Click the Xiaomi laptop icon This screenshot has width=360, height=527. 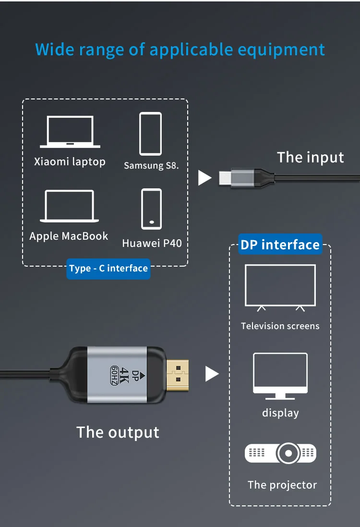coord(70,132)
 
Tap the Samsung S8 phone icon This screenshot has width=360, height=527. coord(150,134)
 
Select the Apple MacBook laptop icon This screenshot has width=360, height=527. coord(70,206)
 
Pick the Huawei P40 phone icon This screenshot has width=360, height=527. coord(151,209)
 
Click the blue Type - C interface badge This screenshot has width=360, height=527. coord(108,269)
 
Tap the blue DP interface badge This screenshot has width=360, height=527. coord(280,245)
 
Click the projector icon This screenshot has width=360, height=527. coord(281,453)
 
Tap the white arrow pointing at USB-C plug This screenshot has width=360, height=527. coord(204,178)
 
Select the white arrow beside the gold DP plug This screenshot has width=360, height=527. coord(212,374)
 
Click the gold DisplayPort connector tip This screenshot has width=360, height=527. coord(178,373)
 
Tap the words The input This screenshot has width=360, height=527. coord(311,157)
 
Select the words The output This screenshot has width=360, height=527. coord(118,432)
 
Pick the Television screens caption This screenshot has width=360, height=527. coord(280,326)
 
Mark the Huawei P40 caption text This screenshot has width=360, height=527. coord(152,243)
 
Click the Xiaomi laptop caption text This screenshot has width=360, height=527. coord(70,161)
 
